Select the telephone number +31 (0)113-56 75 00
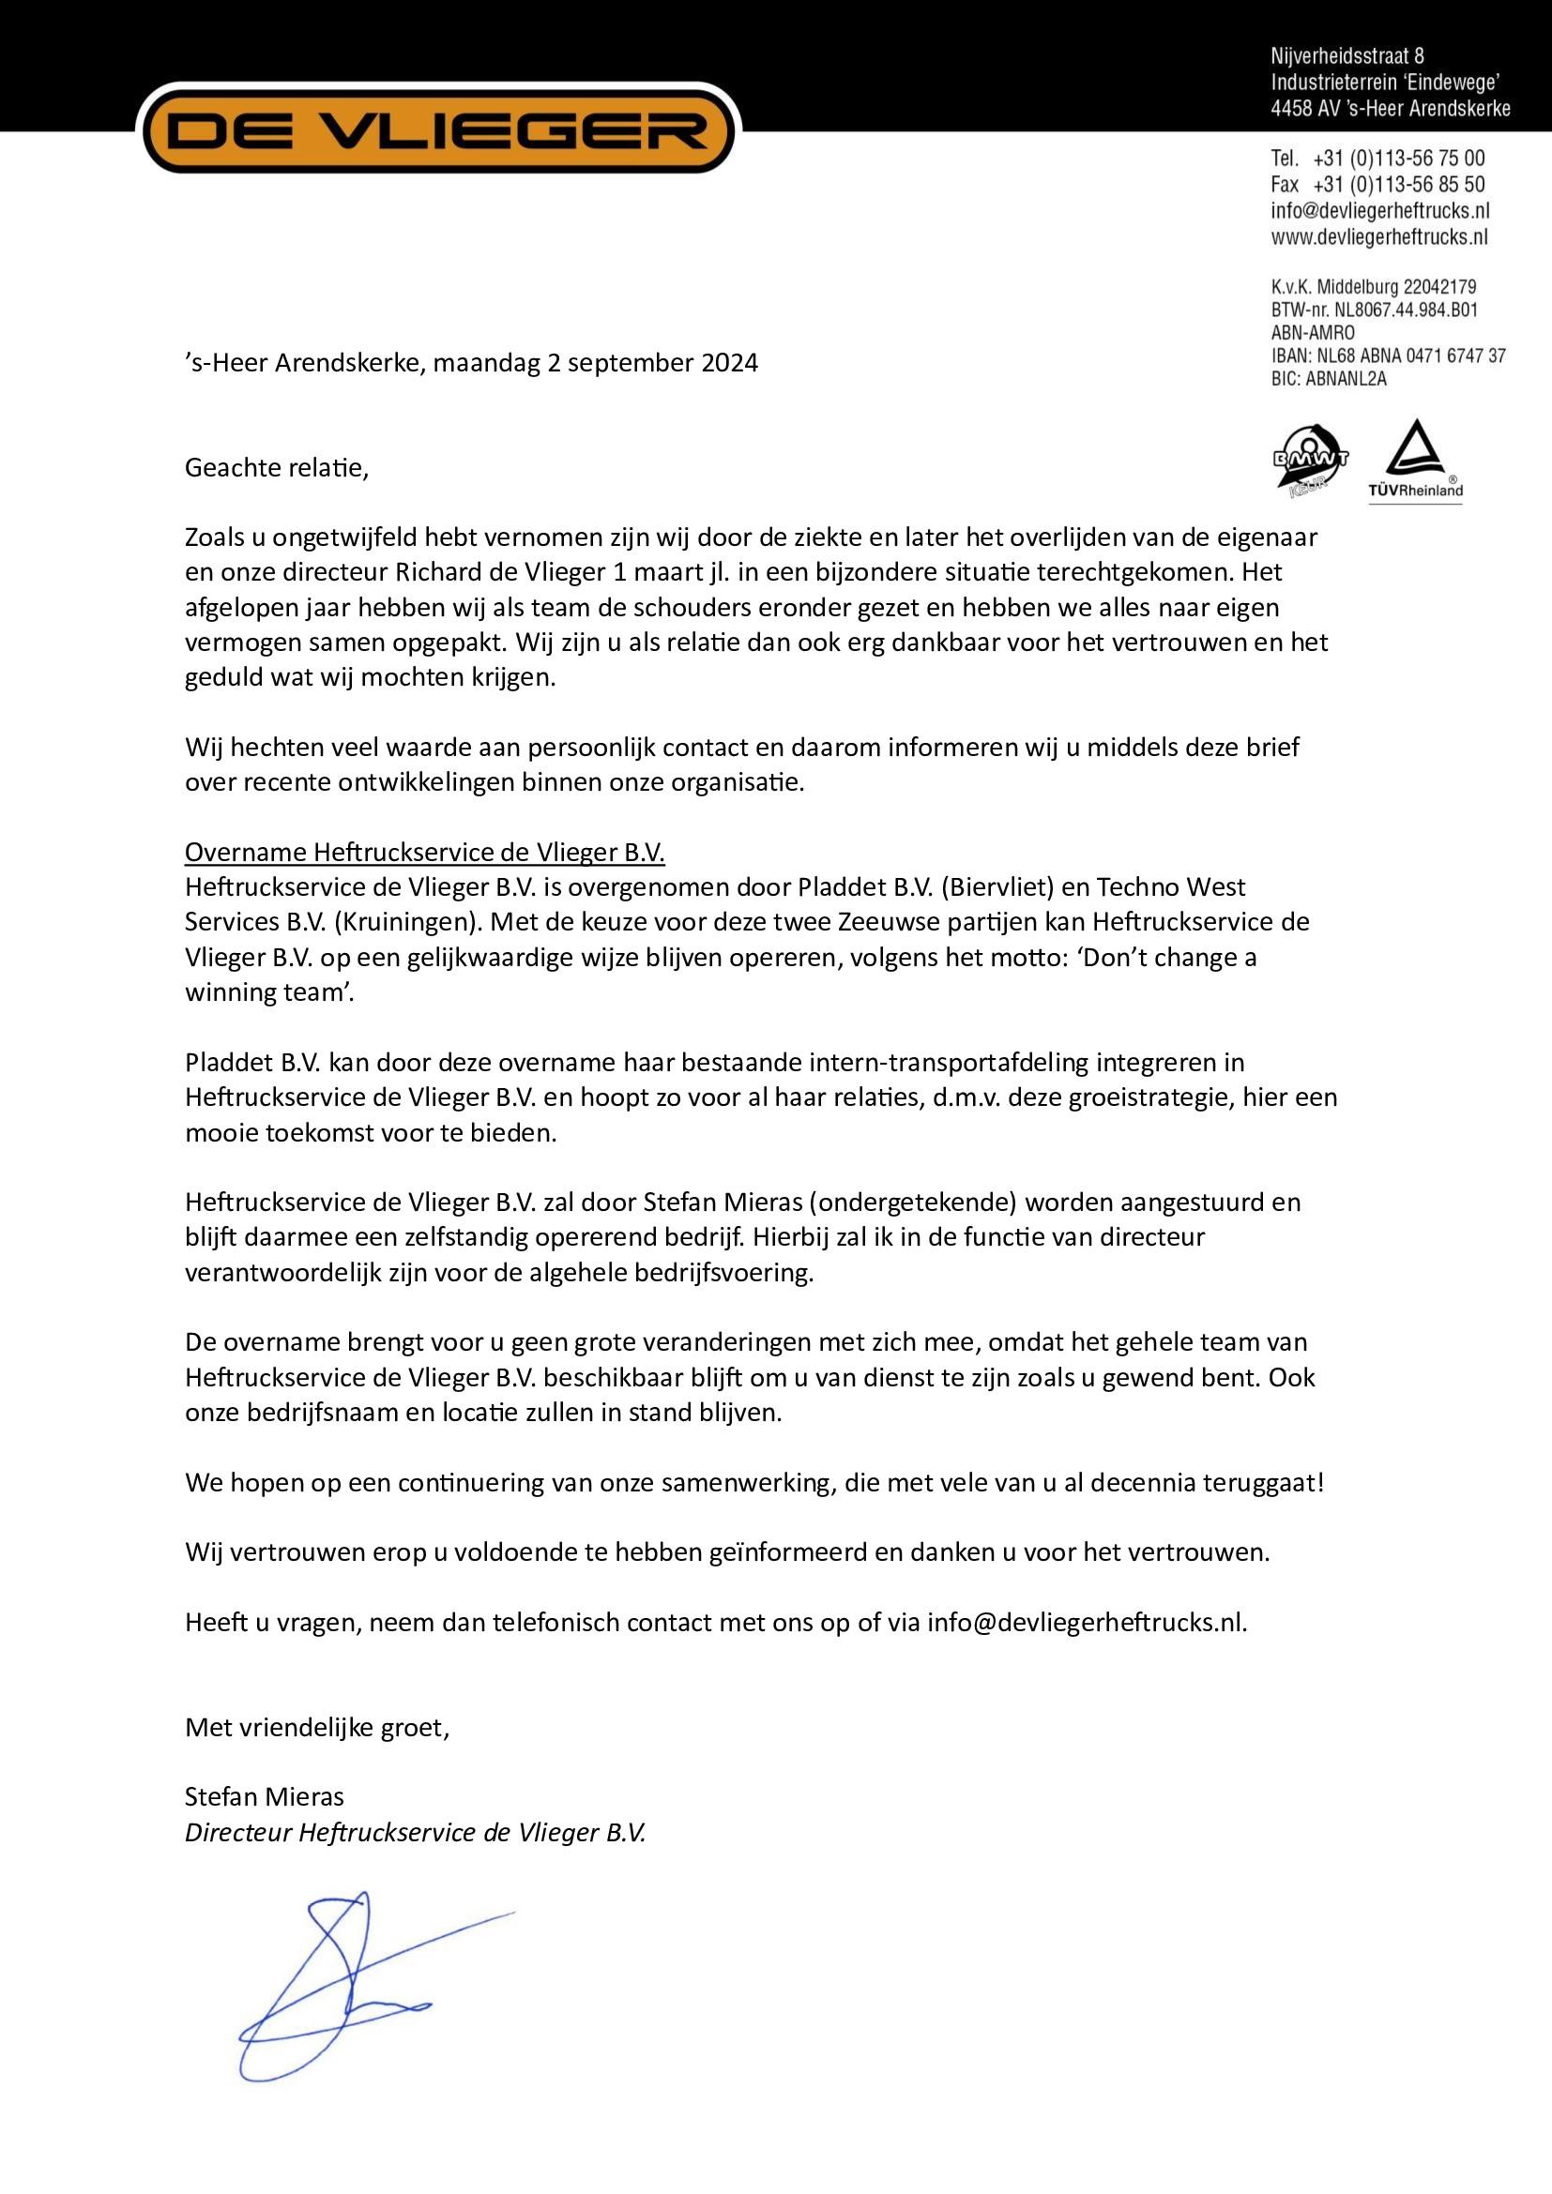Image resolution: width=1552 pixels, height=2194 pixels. (x=1399, y=159)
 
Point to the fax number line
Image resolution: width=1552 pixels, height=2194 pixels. (x=1377, y=185)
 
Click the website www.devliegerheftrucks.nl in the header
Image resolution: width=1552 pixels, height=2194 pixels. (x=1379, y=237)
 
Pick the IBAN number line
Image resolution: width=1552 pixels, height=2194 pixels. (x=1388, y=356)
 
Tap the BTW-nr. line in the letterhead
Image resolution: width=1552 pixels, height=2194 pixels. (x=1375, y=310)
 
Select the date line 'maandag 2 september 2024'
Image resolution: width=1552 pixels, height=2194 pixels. (x=596, y=364)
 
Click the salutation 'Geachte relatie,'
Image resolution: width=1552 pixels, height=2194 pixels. (x=276, y=468)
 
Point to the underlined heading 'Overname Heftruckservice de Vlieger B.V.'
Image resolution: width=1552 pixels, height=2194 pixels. (x=424, y=852)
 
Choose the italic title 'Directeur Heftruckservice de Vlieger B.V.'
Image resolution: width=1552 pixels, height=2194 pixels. (x=416, y=1833)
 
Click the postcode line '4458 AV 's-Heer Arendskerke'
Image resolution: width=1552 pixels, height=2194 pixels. (x=1391, y=109)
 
